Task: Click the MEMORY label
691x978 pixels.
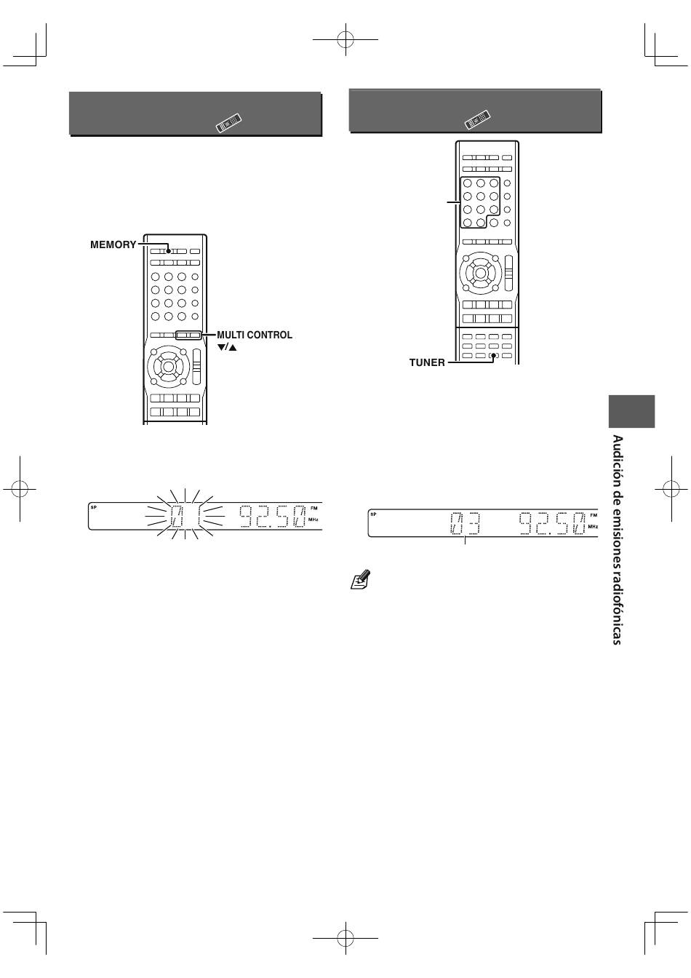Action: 113,245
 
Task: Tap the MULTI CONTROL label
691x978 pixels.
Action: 255,335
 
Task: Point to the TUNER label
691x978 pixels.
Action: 427,363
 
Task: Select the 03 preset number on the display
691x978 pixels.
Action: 466,523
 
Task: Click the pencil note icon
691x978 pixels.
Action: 361,579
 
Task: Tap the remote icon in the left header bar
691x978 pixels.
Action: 228,123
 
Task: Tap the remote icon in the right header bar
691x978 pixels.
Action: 477,119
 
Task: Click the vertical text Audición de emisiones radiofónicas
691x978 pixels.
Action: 618,540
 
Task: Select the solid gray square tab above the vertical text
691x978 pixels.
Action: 631,411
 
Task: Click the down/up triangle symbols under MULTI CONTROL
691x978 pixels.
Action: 227,348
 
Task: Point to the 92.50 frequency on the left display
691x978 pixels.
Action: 272,516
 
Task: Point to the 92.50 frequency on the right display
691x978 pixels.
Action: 552,523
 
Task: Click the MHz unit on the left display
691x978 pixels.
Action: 313,520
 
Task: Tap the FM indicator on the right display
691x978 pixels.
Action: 594,515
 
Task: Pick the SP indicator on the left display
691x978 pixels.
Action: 93,507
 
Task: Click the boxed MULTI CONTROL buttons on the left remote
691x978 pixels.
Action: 188,335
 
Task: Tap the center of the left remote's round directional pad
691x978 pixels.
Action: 168,366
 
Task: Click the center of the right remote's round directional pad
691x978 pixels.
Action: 480,273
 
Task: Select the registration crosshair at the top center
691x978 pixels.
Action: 345,40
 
